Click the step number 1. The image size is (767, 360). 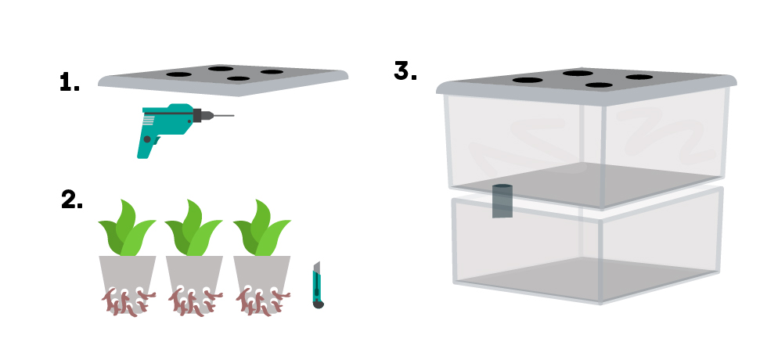[70, 83]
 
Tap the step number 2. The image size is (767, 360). [71, 200]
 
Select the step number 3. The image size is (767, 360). [405, 70]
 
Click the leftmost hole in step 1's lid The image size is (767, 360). [178, 75]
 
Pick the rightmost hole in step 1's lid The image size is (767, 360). [272, 72]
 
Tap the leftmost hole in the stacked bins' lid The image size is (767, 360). [528, 80]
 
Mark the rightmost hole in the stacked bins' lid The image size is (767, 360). [639, 77]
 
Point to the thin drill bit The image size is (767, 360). [223, 117]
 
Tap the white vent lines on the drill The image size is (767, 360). [149, 120]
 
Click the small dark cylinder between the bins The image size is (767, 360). [502, 201]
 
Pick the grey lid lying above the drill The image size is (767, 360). [223, 78]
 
